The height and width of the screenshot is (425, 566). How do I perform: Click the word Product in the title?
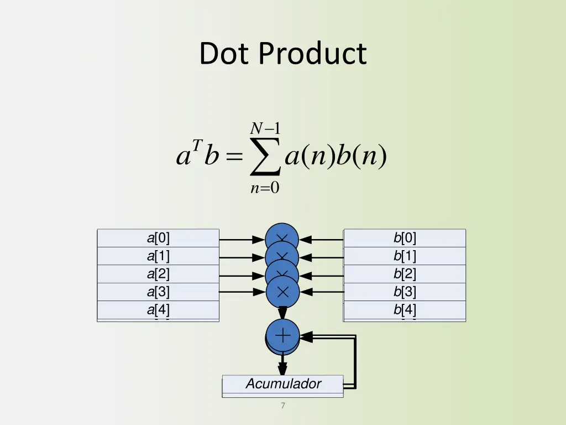(x=312, y=54)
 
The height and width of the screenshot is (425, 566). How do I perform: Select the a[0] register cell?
(x=158, y=238)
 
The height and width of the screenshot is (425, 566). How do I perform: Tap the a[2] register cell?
(x=158, y=274)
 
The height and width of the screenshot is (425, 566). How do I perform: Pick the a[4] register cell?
(x=158, y=310)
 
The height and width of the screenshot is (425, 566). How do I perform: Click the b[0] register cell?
(x=405, y=238)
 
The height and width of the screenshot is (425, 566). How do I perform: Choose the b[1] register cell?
(x=405, y=256)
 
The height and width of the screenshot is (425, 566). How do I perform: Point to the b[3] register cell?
(x=405, y=292)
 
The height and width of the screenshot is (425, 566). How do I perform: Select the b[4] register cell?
(x=405, y=310)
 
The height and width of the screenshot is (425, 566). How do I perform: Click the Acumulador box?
(x=282, y=383)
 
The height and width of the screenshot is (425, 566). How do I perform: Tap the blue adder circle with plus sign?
(x=282, y=335)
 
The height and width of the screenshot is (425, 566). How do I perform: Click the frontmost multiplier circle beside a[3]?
(x=282, y=292)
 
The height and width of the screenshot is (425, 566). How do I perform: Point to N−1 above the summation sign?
(x=265, y=129)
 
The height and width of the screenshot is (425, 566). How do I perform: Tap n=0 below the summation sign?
(x=265, y=188)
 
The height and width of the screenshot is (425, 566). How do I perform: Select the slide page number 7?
(x=282, y=406)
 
